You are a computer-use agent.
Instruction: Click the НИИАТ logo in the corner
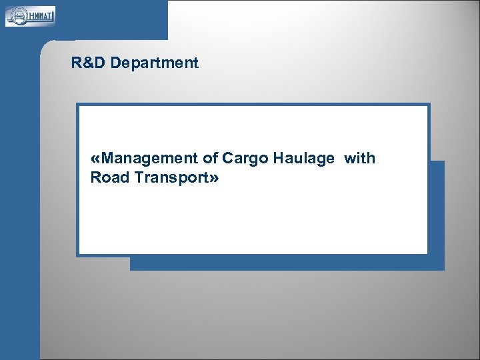click(30, 15)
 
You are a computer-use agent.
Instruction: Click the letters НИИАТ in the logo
click(38, 15)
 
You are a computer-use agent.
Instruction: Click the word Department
click(155, 63)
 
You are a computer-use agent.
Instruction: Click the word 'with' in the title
click(360, 159)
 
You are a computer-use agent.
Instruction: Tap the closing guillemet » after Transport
click(214, 179)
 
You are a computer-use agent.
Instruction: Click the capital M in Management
click(109, 159)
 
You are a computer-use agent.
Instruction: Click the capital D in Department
click(115, 63)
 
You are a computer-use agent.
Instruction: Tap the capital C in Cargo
click(227, 159)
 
